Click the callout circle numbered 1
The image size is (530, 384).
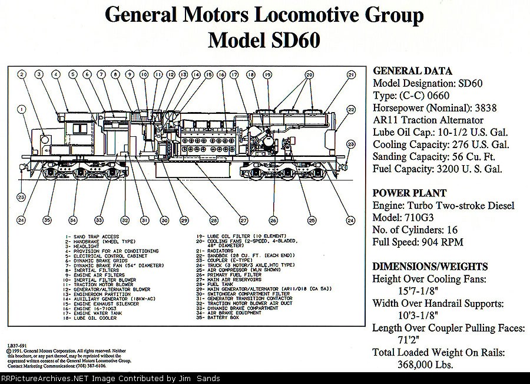21,109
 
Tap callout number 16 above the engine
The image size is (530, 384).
221,75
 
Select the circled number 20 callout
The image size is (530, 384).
309,75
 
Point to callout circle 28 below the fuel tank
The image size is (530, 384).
213,220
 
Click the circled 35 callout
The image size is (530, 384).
48,220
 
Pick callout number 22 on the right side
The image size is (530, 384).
351,110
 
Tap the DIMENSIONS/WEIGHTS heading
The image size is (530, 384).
430,266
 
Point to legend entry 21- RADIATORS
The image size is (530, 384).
220,250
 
